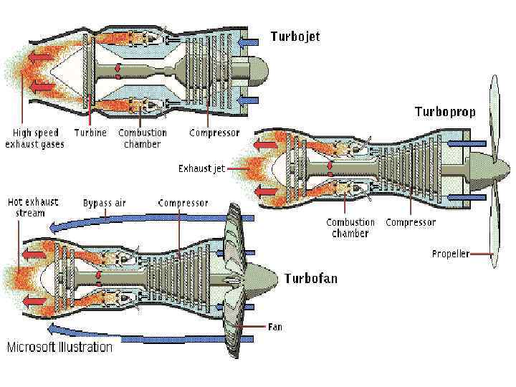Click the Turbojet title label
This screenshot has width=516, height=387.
[295, 36]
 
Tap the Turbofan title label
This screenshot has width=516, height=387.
[311, 278]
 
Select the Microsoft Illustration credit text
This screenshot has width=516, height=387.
[59, 348]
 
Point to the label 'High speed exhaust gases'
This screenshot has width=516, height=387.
[34, 138]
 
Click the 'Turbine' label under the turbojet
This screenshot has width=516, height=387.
[90, 133]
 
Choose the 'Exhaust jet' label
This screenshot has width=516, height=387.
[201, 168]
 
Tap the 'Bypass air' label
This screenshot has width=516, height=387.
[104, 203]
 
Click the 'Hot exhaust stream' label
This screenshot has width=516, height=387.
[33, 207]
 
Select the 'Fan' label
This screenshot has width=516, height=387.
[275, 327]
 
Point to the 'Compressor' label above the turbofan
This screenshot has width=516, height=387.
[183, 203]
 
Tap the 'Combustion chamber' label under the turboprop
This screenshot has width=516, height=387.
[350, 228]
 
